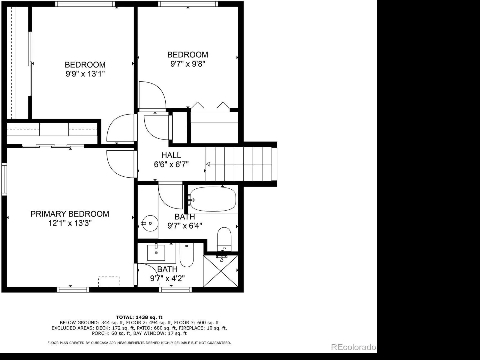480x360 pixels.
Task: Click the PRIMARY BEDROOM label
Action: coord(70,214)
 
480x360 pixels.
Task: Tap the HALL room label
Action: coord(171,155)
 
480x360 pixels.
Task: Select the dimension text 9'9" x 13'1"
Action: coord(85,74)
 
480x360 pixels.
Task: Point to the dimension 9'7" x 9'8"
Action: coord(188,64)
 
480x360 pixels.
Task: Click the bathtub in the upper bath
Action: coord(213,199)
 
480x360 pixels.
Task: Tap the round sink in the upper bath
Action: coord(150,223)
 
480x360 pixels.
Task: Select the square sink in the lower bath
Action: coord(156,253)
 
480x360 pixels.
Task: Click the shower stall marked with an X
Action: coord(220,271)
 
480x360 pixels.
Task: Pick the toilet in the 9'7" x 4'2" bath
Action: coord(187,255)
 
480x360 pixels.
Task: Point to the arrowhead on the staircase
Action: coord(208,164)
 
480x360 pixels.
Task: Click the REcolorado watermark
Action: coord(354,347)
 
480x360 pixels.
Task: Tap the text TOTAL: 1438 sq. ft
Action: coord(139,317)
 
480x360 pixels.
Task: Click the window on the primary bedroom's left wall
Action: coord(4,179)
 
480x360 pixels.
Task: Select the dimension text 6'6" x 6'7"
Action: coord(171,164)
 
